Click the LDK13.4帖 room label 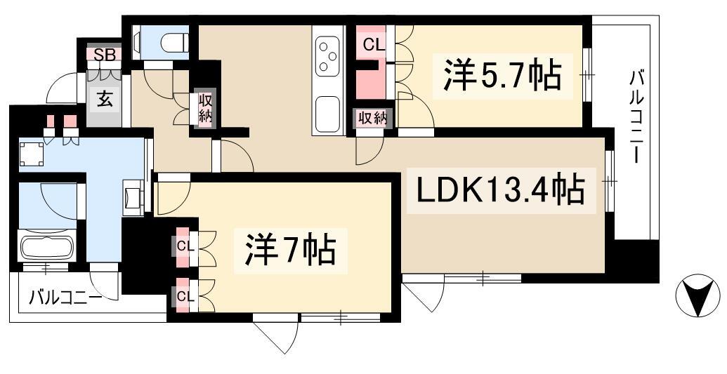pyautogui.click(x=500, y=189)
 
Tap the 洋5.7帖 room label pyautogui.click(x=502, y=76)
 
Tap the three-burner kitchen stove pyautogui.click(x=327, y=56)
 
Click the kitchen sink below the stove pyautogui.click(x=327, y=112)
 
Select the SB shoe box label pyautogui.click(x=104, y=54)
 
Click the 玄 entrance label pyautogui.click(x=104, y=100)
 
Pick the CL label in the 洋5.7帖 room pyautogui.click(x=373, y=45)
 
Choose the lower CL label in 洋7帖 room pyautogui.click(x=185, y=295)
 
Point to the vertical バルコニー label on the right pyautogui.click(x=637, y=116)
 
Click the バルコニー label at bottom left pyautogui.click(x=65, y=298)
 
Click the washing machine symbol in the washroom pyautogui.click(x=30, y=153)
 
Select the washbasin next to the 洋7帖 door pyautogui.click(x=133, y=196)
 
